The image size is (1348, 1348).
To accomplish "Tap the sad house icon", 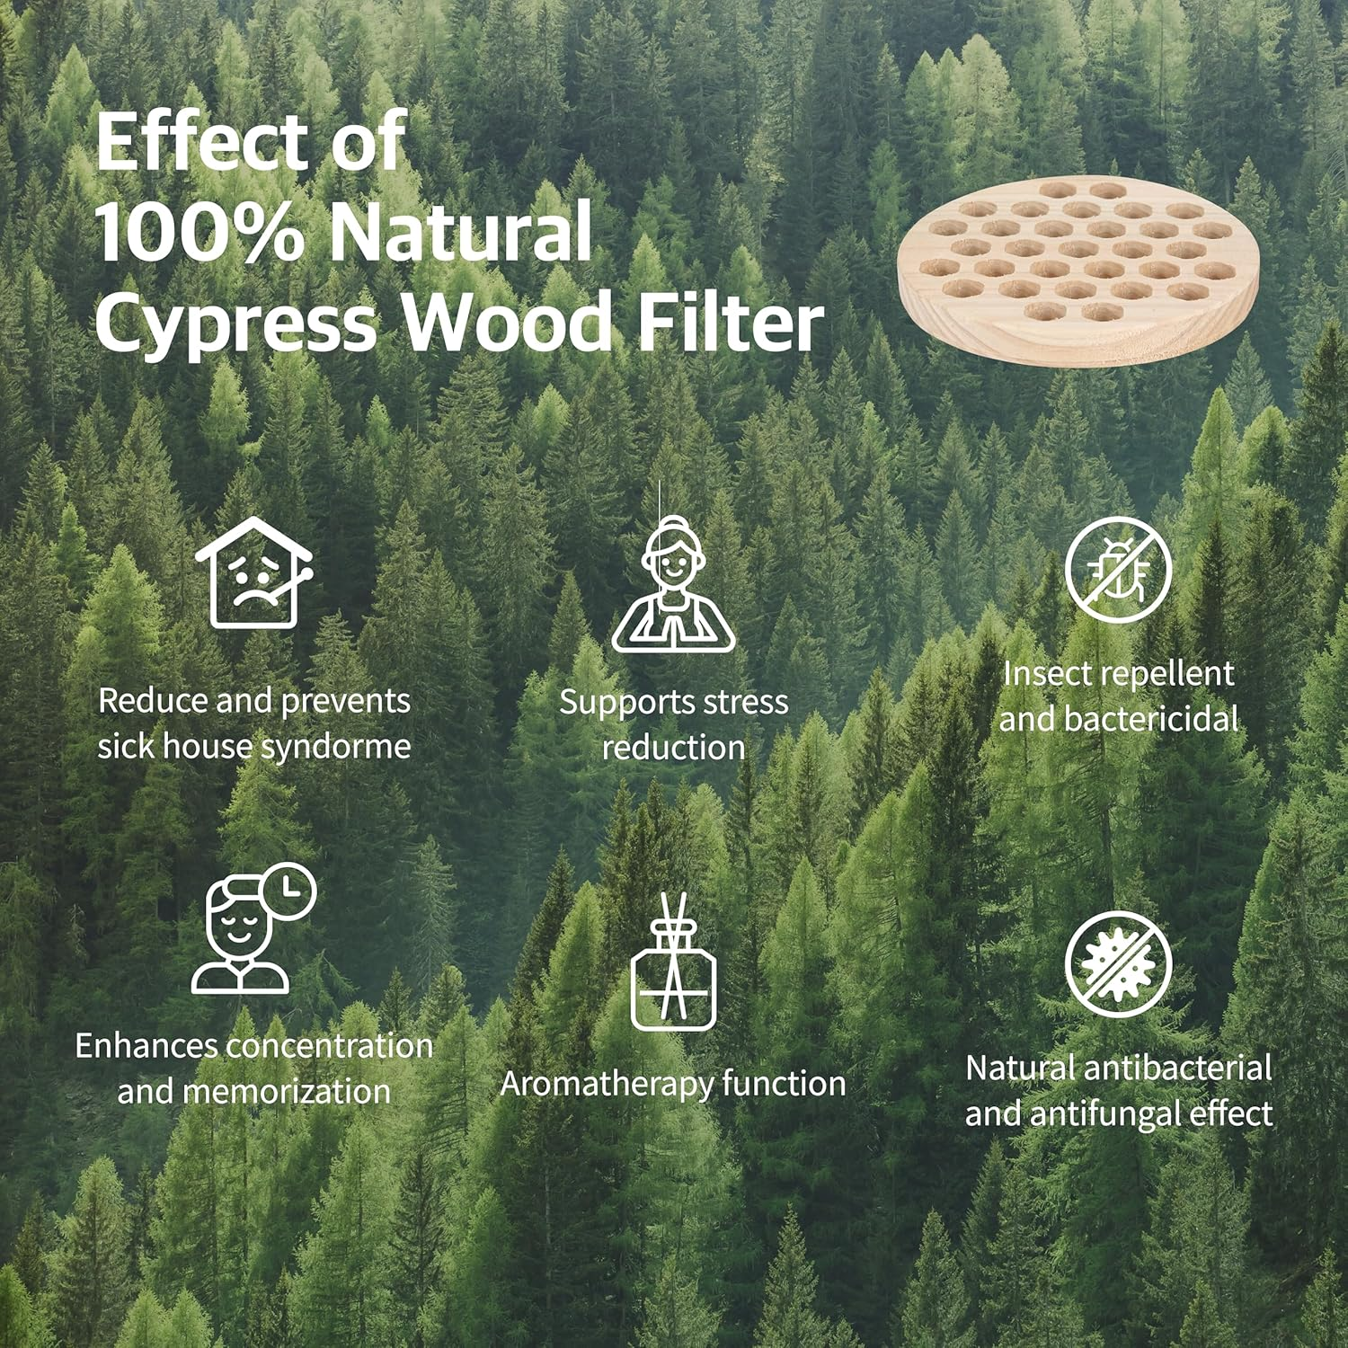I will click(x=254, y=572).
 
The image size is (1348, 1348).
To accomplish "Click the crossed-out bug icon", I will click(x=1118, y=571).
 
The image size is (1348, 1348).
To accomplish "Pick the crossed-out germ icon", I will click(x=1118, y=964).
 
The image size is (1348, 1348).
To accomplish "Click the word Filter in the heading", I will click(x=730, y=322).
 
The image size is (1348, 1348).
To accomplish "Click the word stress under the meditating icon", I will click(x=745, y=702).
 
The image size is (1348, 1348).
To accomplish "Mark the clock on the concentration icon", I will click(x=290, y=891).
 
